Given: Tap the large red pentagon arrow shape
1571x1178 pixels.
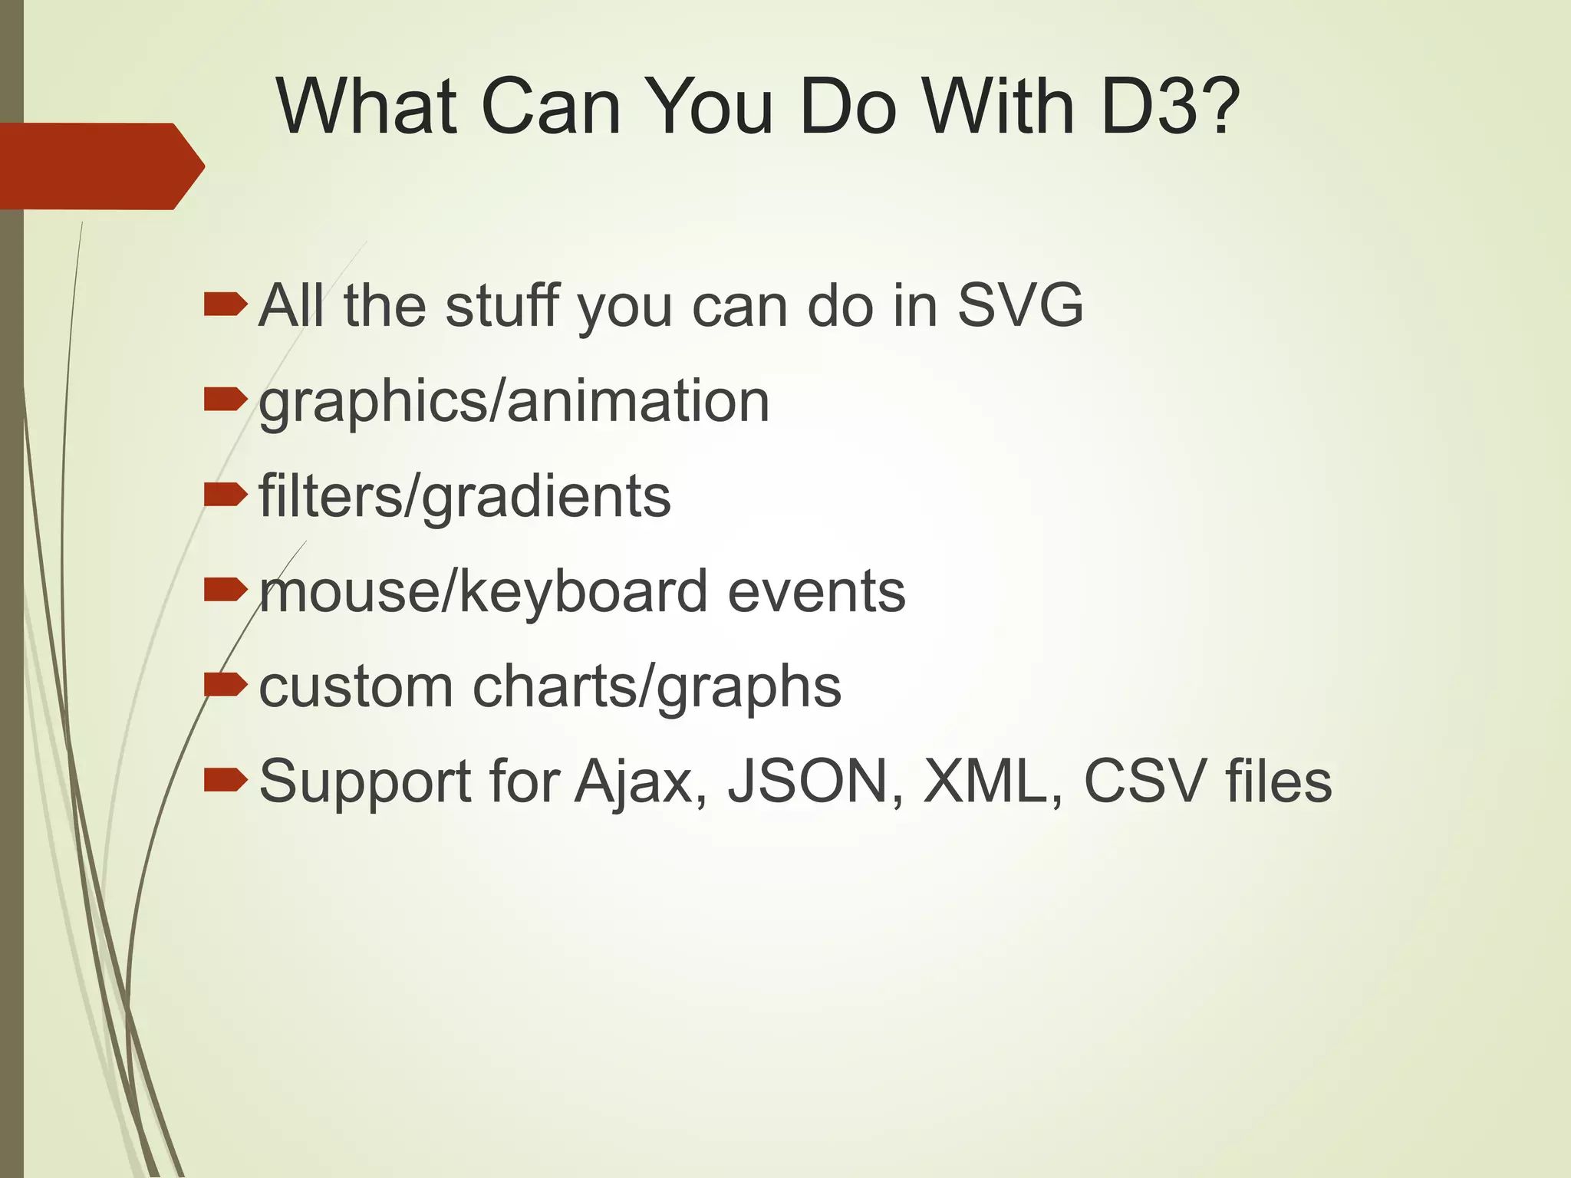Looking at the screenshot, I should pyautogui.click(x=100, y=166).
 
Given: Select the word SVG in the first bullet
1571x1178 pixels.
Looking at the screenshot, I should pyautogui.click(x=1019, y=305).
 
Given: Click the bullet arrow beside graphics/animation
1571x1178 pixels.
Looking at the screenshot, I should pyautogui.click(x=226, y=399).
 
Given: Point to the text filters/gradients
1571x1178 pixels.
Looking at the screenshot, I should pyautogui.click(x=465, y=496).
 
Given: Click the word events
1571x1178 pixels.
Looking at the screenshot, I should pyautogui.click(x=816, y=591).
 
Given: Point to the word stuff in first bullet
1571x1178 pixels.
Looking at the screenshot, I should pyautogui.click(x=503, y=305).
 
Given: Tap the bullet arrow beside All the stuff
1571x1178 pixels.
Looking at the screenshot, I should pyautogui.click(x=226, y=305).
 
